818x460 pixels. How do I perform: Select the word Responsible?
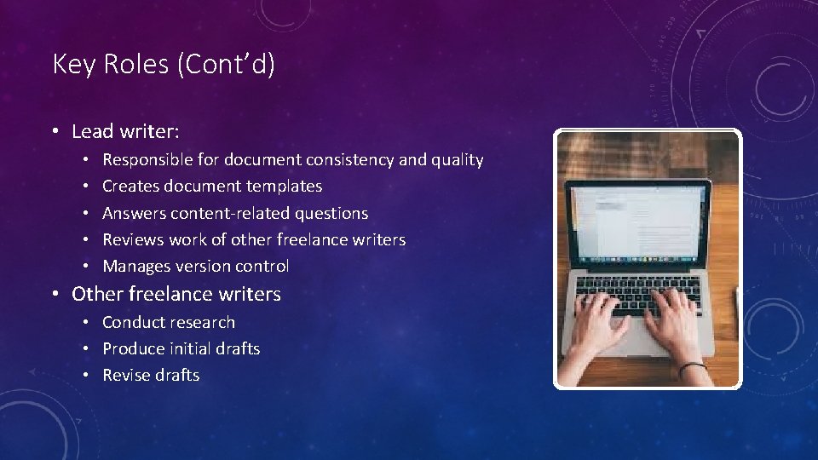pyautogui.click(x=147, y=159)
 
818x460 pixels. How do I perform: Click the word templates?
pyautogui.click(x=284, y=186)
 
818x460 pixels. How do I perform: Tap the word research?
pyautogui.click(x=201, y=322)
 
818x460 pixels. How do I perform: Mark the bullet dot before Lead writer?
pyautogui.click(x=54, y=132)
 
